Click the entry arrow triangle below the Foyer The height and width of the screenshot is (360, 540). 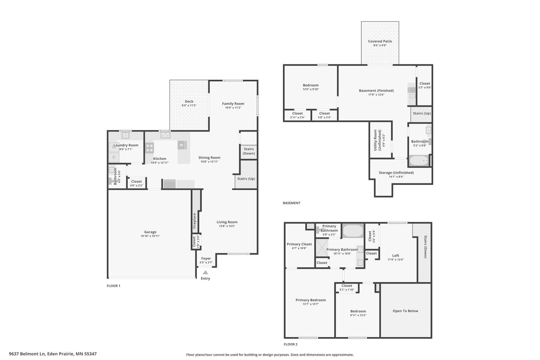click(x=205, y=272)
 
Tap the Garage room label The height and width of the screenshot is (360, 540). click(x=150, y=232)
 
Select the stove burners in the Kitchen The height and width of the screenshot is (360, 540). click(x=150, y=148)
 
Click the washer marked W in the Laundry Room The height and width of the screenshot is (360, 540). click(x=114, y=147)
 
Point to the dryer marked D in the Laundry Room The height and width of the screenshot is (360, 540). click(x=114, y=157)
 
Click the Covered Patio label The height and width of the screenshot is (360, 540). click(x=380, y=41)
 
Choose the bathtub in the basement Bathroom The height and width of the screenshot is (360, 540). click(x=419, y=161)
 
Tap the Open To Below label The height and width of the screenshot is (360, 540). click(x=405, y=311)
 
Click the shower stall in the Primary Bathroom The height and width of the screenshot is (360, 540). click(x=322, y=248)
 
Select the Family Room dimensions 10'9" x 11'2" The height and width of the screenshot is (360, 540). click(x=233, y=108)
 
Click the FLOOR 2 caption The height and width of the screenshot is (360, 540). click(x=291, y=344)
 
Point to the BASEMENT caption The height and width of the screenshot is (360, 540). click(x=292, y=203)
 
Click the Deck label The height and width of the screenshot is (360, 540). click(x=189, y=102)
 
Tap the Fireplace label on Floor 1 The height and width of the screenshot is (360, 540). click(x=194, y=221)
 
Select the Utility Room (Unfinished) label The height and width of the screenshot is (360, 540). click(x=377, y=140)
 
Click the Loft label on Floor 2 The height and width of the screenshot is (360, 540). click(x=396, y=256)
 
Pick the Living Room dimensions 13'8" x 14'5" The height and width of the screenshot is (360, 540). click(x=227, y=226)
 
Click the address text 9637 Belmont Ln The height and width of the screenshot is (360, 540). click(x=27, y=354)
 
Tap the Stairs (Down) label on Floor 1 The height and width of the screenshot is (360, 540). click(x=249, y=151)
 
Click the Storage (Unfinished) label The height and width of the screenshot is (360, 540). click(x=396, y=173)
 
